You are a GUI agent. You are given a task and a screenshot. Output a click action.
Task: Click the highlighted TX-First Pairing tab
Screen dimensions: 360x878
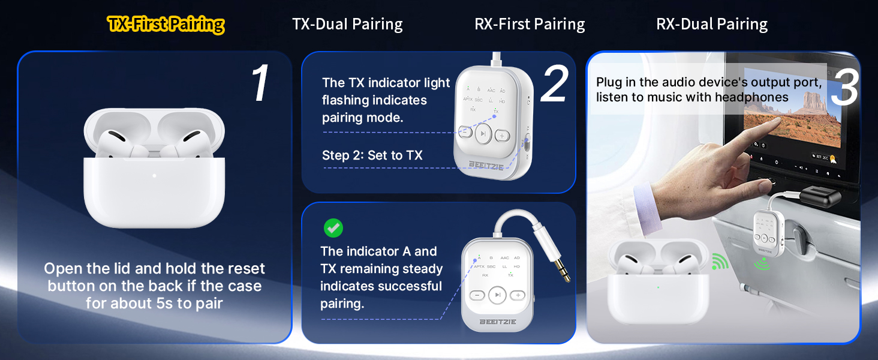tap(166, 25)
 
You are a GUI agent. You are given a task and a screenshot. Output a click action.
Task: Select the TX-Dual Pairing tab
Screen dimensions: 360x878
tap(347, 25)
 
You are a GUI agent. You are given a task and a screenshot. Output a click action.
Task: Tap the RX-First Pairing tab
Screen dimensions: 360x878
tap(530, 25)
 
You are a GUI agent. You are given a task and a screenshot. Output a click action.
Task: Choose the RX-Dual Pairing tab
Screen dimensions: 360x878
tap(712, 25)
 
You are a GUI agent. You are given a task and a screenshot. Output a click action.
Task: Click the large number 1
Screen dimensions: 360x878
tap(260, 84)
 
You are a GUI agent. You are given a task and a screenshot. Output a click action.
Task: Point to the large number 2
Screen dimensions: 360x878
tap(553, 85)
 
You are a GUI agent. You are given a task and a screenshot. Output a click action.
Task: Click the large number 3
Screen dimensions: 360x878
tap(844, 88)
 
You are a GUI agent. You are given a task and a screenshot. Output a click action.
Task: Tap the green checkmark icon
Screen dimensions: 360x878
tap(333, 228)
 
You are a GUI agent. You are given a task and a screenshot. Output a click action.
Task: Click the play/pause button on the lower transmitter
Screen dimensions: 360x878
tap(497, 295)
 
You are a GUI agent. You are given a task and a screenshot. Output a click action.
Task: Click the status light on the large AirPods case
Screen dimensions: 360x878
tap(154, 176)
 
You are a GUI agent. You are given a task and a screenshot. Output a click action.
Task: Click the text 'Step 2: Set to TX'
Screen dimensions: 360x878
tap(372, 155)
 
